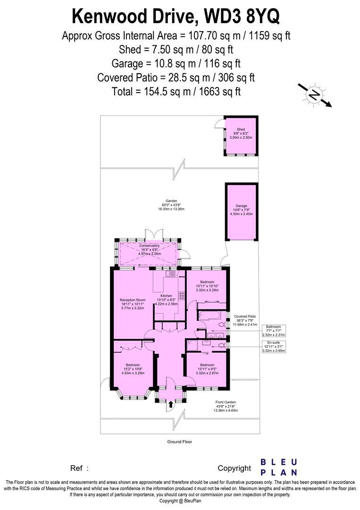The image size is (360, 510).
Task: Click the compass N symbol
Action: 313,96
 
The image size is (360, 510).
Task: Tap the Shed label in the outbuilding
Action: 241,129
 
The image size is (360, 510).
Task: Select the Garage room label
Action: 241,206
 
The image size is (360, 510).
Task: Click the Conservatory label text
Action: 149,246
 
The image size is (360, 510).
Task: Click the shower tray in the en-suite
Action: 193,346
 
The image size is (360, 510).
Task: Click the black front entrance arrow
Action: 170,404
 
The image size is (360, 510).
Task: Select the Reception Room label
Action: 132,300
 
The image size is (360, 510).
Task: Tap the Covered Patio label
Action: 245,316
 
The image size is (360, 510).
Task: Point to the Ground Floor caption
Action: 179,442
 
